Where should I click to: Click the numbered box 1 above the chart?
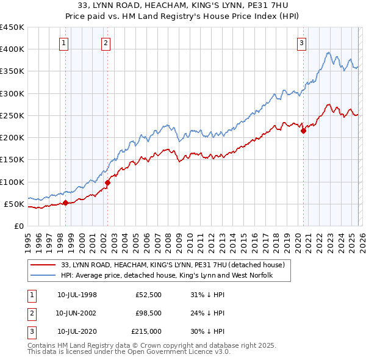(x=64, y=43)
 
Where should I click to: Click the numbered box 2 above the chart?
(x=106, y=43)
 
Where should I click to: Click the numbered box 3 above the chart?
(x=302, y=43)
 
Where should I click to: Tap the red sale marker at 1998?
(x=65, y=203)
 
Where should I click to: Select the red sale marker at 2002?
(x=107, y=182)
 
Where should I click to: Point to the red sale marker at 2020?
(x=303, y=131)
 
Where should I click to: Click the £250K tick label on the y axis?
(x=12, y=115)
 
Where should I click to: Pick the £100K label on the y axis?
(x=12, y=182)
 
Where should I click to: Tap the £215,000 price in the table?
(x=146, y=331)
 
